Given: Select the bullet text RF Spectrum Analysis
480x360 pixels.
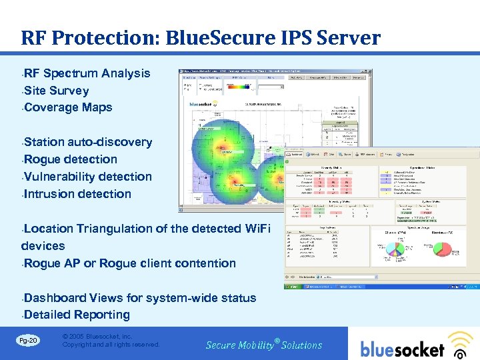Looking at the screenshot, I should pos(87,73).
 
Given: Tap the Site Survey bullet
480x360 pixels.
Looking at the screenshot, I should pos(56,91).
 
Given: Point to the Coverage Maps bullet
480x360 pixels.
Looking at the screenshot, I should pos(68,107).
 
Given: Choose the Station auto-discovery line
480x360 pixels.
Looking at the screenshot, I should pos(88,142).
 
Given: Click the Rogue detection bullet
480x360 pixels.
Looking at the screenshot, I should pos(71,159).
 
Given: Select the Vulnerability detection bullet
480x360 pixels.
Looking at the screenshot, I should pos(88,177).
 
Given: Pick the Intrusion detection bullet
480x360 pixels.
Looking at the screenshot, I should pos(77,194).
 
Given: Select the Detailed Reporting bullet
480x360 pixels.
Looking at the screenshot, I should pos(77,315).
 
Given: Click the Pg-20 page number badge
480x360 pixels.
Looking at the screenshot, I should pos(28,341).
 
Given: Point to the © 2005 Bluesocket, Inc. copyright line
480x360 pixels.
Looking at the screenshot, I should pos(97,337).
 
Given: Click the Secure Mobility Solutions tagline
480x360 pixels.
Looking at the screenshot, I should pos(264,345).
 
